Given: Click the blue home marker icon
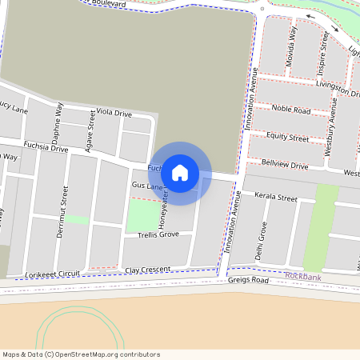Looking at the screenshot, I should tap(180, 172).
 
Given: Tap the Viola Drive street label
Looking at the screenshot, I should tap(114, 114).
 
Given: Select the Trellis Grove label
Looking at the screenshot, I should tap(157, 234).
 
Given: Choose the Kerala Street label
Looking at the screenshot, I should tap(275, 198).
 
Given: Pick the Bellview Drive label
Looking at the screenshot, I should tap(284, 166).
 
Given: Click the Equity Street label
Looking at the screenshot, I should tap(288, 138).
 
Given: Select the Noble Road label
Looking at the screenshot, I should tap(290, 110).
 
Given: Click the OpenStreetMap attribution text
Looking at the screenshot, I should tap(81, 354).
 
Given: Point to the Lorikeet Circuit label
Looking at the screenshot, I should tap(53, 274).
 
